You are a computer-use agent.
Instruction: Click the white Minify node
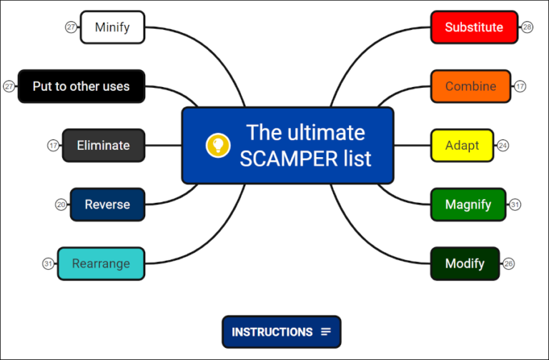point(112,27)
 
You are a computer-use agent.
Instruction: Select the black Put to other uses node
point(81,86)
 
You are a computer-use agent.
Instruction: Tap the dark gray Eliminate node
point(104,145)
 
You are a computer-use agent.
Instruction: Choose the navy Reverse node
point(107,204)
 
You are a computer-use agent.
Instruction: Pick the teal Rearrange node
point(101,264)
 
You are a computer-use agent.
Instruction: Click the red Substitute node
point(474,27)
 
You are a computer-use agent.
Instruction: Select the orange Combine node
point(470,86)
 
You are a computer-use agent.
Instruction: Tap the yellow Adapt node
point(463,145)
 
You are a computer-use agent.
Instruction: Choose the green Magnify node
point(468,204)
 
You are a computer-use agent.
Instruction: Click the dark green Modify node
point(465,264)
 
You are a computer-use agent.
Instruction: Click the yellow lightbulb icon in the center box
point(217,145)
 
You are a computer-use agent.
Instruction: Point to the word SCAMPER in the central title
point(282,159)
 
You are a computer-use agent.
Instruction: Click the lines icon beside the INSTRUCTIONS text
point(326,332)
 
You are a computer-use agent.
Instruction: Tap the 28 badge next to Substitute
point(528,27)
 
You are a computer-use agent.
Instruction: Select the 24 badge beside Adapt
point(503,145)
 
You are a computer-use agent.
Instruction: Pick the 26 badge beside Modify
point(509,264)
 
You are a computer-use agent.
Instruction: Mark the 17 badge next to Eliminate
point(53,145)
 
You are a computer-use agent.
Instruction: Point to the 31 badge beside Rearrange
point(48,264)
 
